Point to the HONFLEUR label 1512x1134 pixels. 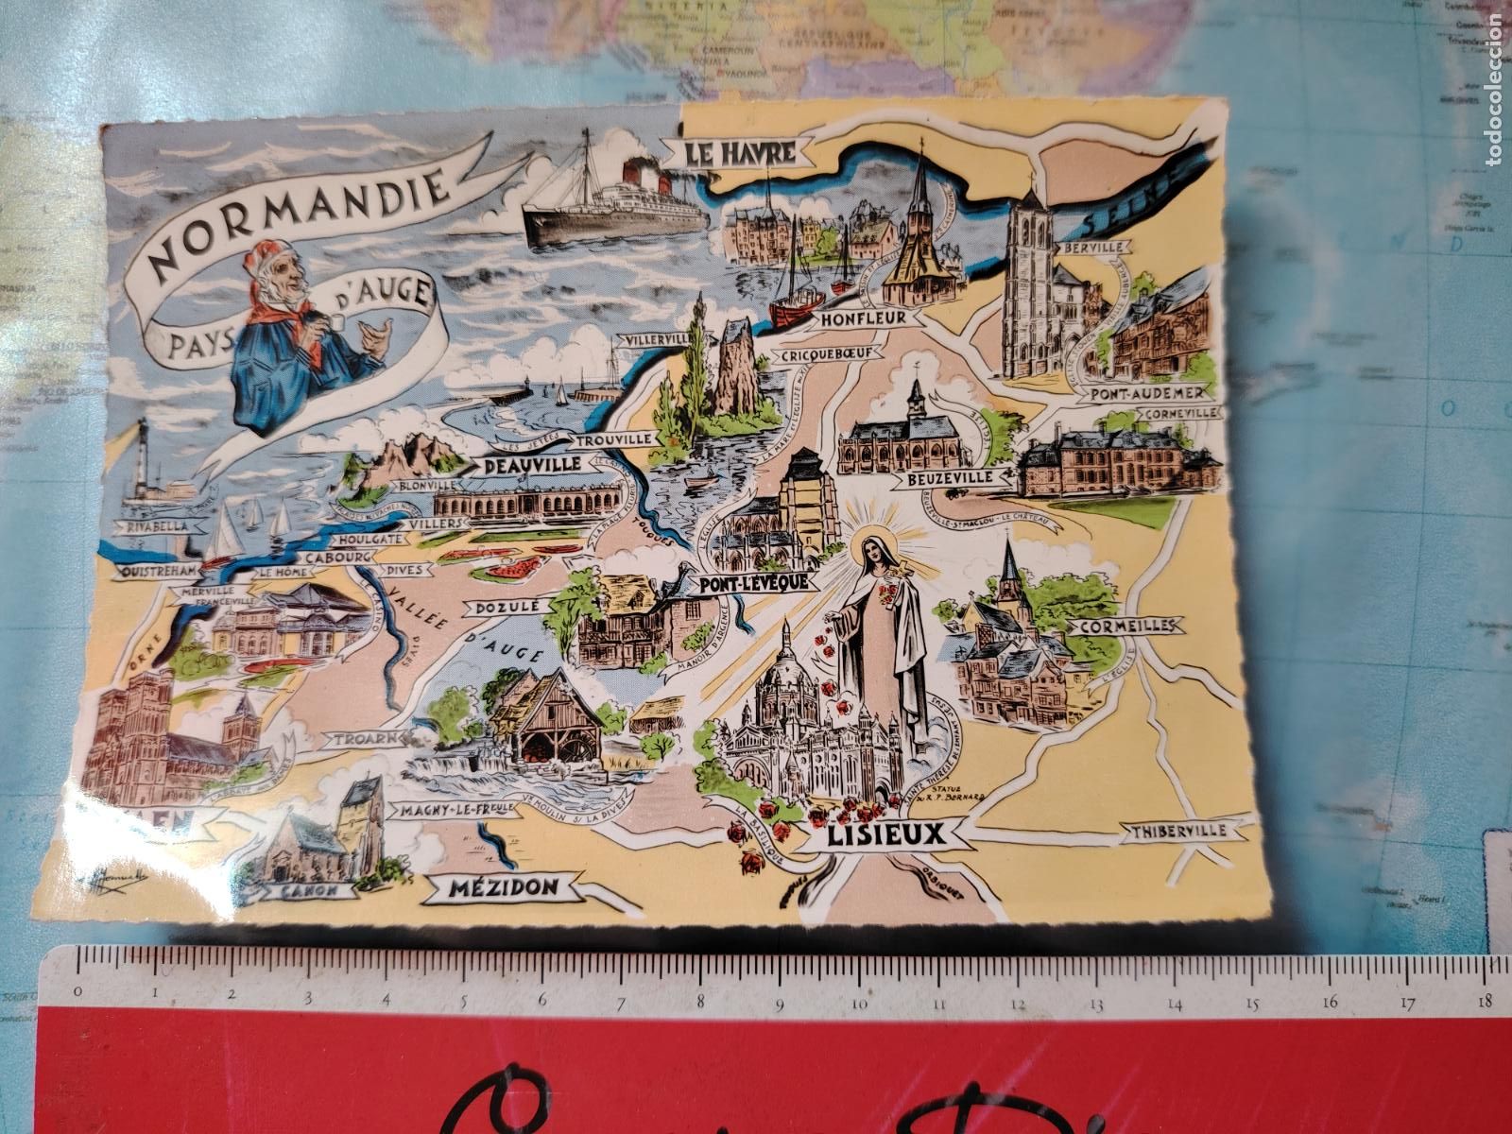coord(858,319)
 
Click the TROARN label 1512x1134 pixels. coord(355,738)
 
